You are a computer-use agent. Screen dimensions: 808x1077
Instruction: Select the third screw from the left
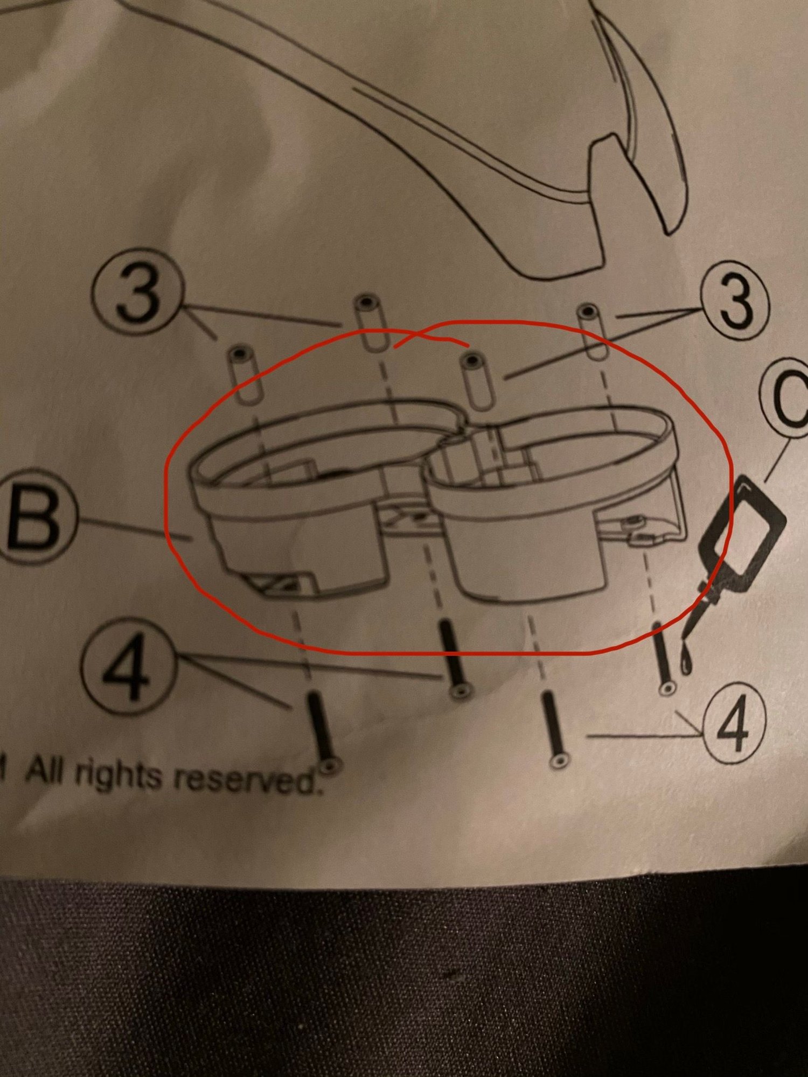pos(554,730)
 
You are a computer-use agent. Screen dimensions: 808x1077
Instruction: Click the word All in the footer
pos(48,771)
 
